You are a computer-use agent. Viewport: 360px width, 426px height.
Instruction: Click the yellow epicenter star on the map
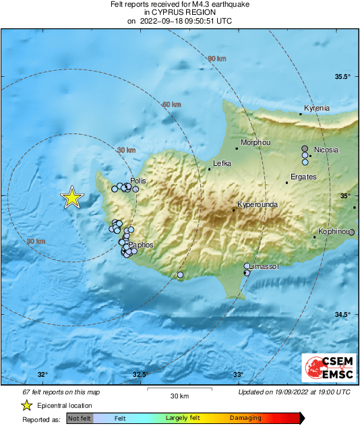[72, 197]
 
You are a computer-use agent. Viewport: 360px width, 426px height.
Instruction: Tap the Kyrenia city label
[317, 109]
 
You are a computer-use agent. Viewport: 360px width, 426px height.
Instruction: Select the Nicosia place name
[326, 150]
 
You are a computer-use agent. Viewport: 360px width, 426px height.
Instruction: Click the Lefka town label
[222, 163]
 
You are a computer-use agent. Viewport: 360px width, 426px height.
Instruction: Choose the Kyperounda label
[258, 205]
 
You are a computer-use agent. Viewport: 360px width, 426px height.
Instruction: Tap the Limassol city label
[264, 267]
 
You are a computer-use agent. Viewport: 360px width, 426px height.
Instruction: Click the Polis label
[138, 181]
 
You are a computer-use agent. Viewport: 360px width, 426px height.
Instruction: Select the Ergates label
[303, 177]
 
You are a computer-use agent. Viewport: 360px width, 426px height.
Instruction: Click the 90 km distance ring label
[217, 59]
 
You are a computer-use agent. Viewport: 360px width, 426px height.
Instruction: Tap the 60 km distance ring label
[172, 104]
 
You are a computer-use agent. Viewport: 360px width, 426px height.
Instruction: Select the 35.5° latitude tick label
[344, 76]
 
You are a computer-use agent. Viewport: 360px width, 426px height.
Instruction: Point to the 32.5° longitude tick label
[140, 375]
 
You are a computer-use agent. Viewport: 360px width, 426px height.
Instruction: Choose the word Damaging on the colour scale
[245, 419]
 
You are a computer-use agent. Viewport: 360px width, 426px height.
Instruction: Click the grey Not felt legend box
[79, 419]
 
